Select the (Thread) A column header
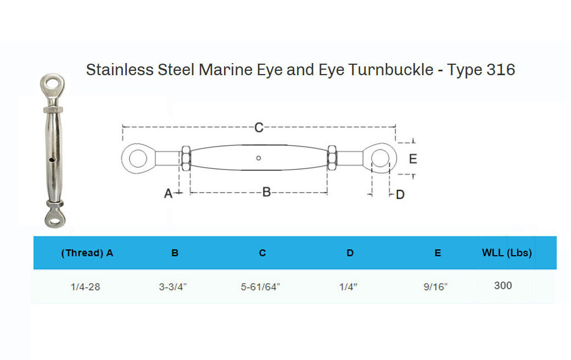(x=87, y=253)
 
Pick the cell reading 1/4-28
(x=86, y=287)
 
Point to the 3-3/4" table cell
(x=173, y=287)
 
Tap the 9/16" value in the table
(x=435, y=287)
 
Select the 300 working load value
(x=503, y=286)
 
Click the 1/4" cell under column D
(x=348, y=287)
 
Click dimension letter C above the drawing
(x=259, y=128)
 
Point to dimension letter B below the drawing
(x=266, y=192)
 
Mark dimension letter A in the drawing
(x=169, y=193)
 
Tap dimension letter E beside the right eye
(x=413, y=159)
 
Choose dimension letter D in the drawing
(x=400, y=195)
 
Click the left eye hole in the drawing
(x=135, y=159)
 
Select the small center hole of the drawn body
(x=259, y=159)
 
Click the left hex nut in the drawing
(x=185, y=159)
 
